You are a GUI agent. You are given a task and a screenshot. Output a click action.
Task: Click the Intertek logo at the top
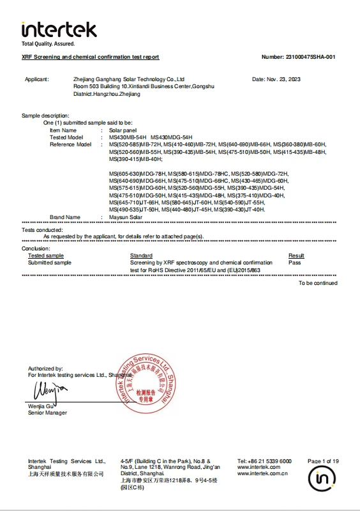pyautogui.click(x=59, y=29)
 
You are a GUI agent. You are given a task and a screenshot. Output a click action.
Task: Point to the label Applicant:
pyautogui.click(x=36, y=79)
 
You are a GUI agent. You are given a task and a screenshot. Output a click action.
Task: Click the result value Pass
pyautogui.click(x=294, y=263)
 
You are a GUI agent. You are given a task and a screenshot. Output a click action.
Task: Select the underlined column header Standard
pyautogui.click(x=140, y=256)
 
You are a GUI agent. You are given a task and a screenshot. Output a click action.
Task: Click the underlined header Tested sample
pyautogui.click(x=46, y=256)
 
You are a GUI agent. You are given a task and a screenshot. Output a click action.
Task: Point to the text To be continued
pyautogui.click(x=318, y=283)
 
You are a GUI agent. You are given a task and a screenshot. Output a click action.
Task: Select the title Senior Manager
pyautogui.click(x=47, y=413)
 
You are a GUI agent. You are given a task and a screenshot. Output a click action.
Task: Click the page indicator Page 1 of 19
pyautogui.click(x=323, y=461)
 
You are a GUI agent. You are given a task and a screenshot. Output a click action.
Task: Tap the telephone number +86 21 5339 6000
pyautogui.click(x=271, y=461)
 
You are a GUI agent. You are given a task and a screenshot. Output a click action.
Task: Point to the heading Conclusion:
pyautogui.click(x=36, y=248)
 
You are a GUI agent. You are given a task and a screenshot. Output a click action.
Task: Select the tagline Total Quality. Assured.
pyautogui.click(x=48, y=44)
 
